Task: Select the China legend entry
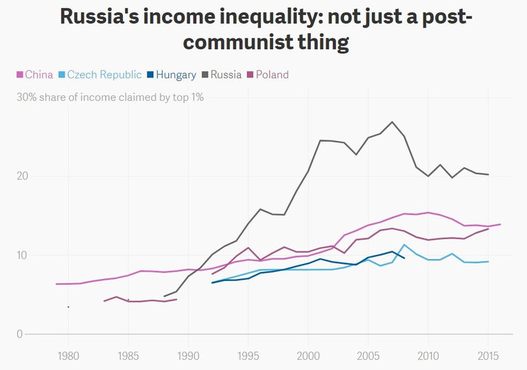tap(38, 75)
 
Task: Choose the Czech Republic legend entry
tap(104, 75)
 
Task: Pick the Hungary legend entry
tap(176, 75)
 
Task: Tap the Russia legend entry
tap(226, 75)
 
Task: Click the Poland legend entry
tap(272, 75)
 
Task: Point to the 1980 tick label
tap(67, 356)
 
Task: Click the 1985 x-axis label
tap(128, 356)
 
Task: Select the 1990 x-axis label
tap(187, 356)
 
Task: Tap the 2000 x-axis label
tap(307, 356)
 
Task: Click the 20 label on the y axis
tap(23, 176)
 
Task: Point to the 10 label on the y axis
tap(23, 256)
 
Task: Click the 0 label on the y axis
tap(20, 334)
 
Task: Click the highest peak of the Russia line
tap(392, 122)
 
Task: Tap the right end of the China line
tap(500, 224)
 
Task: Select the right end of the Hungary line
tap(404, 258)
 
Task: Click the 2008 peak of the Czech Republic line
tap(404, 245)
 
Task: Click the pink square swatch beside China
tap(19, 75)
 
